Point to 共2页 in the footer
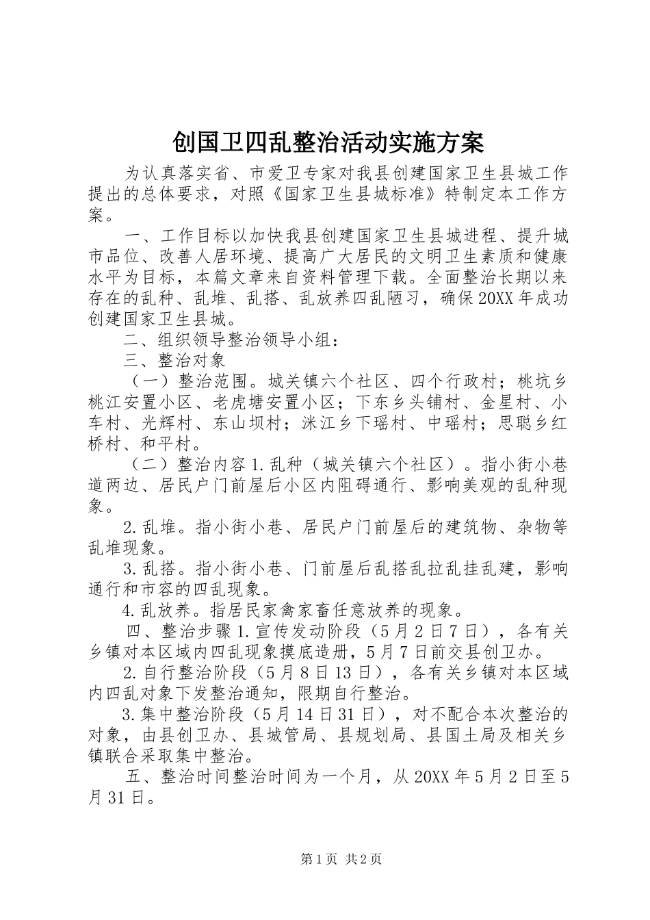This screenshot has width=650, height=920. [x=364, y=860]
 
